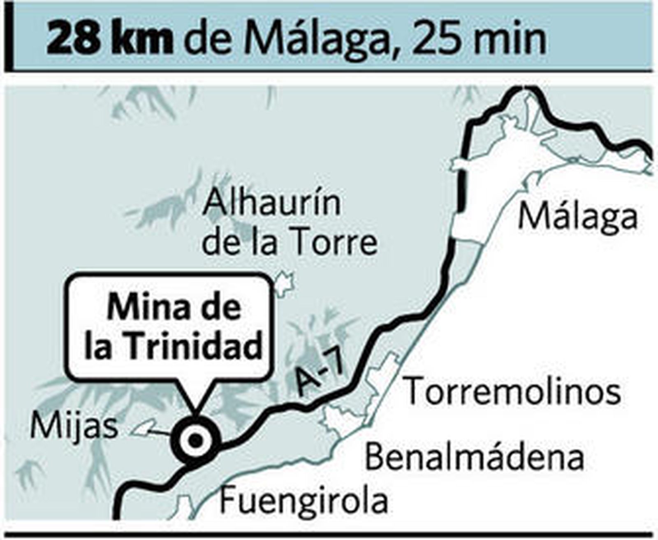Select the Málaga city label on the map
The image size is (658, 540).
(578, 218)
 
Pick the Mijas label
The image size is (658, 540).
(74, 426)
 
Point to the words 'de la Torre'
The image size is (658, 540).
(290, 243)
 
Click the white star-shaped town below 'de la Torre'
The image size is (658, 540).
(283, 283)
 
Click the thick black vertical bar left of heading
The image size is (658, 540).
(9, 37)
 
